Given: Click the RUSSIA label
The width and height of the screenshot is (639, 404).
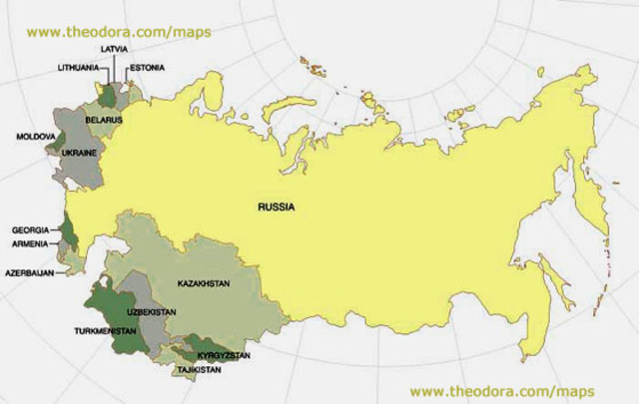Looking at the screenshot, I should [x=277, y=209].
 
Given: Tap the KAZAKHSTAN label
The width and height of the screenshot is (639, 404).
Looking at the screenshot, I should [x=203, y=283].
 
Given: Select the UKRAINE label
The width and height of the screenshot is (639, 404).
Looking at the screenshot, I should [x=78, y=154].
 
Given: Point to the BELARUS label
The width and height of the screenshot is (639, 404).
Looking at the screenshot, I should [x=104, y=120].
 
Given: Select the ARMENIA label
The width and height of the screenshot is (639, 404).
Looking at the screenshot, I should [x=29, y=242].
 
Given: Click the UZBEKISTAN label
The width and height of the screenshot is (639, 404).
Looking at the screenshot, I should [x=152, y=312].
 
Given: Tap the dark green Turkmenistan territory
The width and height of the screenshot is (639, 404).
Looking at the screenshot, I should [x=112, y=317].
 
